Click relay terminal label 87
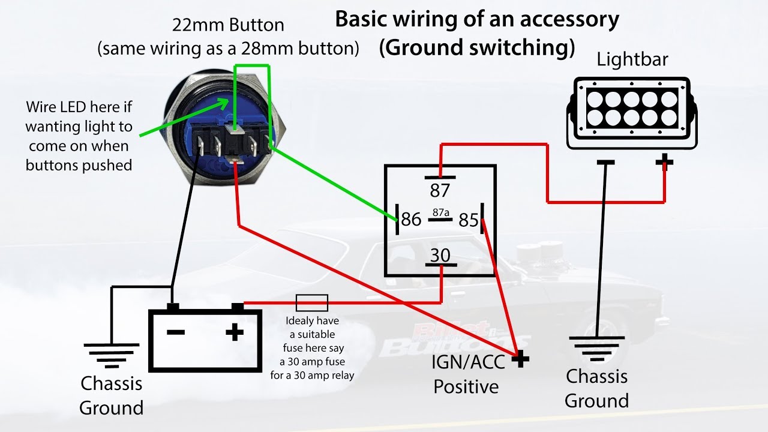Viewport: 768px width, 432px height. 440,191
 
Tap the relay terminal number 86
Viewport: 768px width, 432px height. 411,219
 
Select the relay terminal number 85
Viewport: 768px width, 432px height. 469,220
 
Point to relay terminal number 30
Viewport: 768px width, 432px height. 440,256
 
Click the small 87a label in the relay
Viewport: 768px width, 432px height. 441,212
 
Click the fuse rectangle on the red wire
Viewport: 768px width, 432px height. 311,303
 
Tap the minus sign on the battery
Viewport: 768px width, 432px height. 176,332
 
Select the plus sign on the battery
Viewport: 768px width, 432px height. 235,332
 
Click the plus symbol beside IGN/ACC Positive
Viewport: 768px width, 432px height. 520,359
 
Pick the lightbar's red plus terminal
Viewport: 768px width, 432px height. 664,162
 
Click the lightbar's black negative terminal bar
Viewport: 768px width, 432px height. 605,162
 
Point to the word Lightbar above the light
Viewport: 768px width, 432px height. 632,59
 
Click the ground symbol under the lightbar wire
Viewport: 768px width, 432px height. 597,349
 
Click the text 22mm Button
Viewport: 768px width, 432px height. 228,25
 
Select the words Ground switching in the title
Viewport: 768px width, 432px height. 477,47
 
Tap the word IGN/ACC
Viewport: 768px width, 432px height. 468,362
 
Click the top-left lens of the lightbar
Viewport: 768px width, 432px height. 595,100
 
